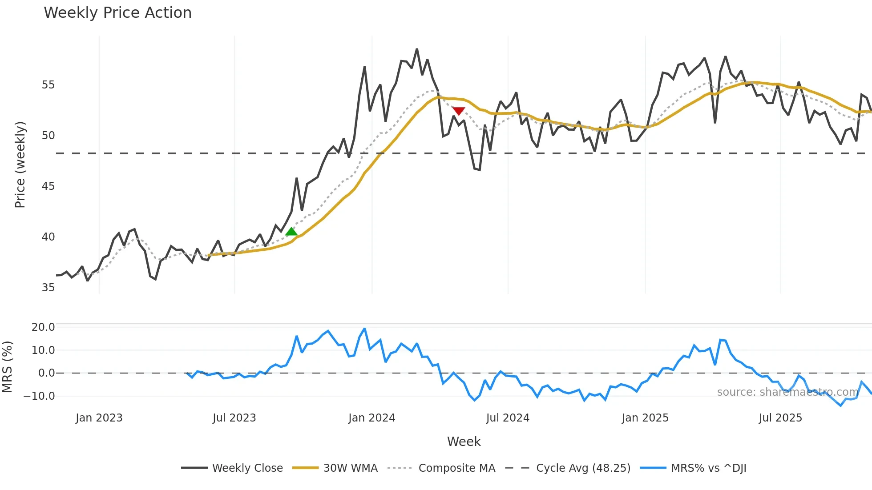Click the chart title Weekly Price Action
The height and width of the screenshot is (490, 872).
117,13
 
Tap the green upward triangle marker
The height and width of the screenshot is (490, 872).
291,232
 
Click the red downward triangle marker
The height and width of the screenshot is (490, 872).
458,111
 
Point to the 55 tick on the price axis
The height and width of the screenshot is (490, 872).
48,85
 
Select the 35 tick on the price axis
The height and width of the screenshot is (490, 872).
48,288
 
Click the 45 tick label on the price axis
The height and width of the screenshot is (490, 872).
48,186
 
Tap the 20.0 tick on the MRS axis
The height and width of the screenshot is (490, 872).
43,327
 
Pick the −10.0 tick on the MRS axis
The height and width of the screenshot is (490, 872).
40,396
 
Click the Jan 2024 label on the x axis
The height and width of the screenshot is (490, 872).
371,418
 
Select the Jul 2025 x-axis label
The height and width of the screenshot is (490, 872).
780,418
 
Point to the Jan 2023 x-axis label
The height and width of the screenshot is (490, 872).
99,418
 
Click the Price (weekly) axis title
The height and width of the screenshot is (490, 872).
20,165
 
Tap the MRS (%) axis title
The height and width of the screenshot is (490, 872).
7,367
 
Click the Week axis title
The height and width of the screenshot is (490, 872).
464,442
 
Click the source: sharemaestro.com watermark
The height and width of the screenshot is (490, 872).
787,392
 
